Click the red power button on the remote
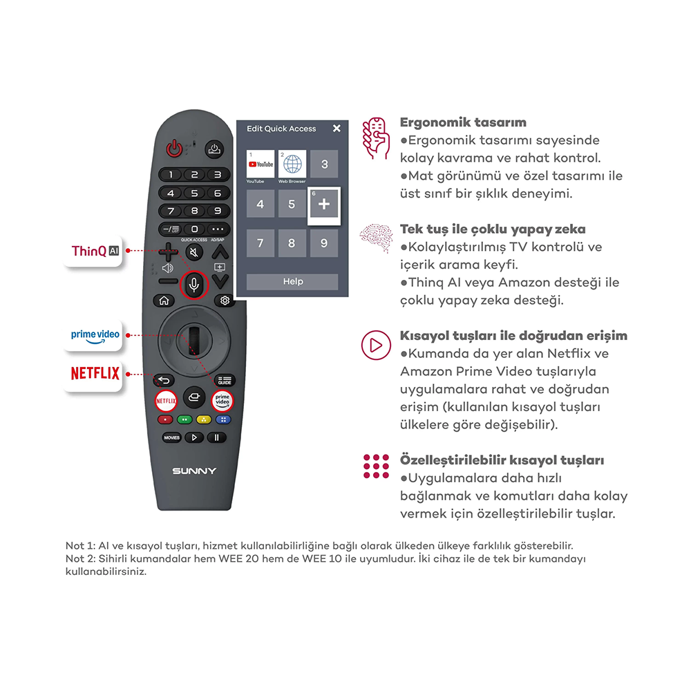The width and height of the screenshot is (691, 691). point(174,149)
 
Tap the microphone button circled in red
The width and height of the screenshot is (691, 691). point(194,284)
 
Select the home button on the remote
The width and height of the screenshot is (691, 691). point(164,301)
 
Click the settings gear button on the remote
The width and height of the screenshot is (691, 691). point(225,301)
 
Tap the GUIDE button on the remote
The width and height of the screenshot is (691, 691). point(225,380)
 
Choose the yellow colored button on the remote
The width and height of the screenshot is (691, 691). point(204,419)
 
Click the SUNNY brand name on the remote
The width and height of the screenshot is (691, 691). point(194,471)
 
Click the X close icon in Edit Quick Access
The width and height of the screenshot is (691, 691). point(337,129)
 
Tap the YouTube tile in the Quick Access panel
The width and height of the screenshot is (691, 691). point(261,164)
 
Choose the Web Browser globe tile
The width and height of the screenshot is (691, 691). point(292,164)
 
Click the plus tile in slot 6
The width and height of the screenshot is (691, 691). point(324,204)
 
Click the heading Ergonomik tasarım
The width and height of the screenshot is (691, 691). point(463,122)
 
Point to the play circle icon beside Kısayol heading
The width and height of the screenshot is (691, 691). point(376,345)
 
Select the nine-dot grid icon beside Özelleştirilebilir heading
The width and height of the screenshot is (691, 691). point(376,466)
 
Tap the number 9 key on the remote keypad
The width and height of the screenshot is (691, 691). point(218,211)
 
